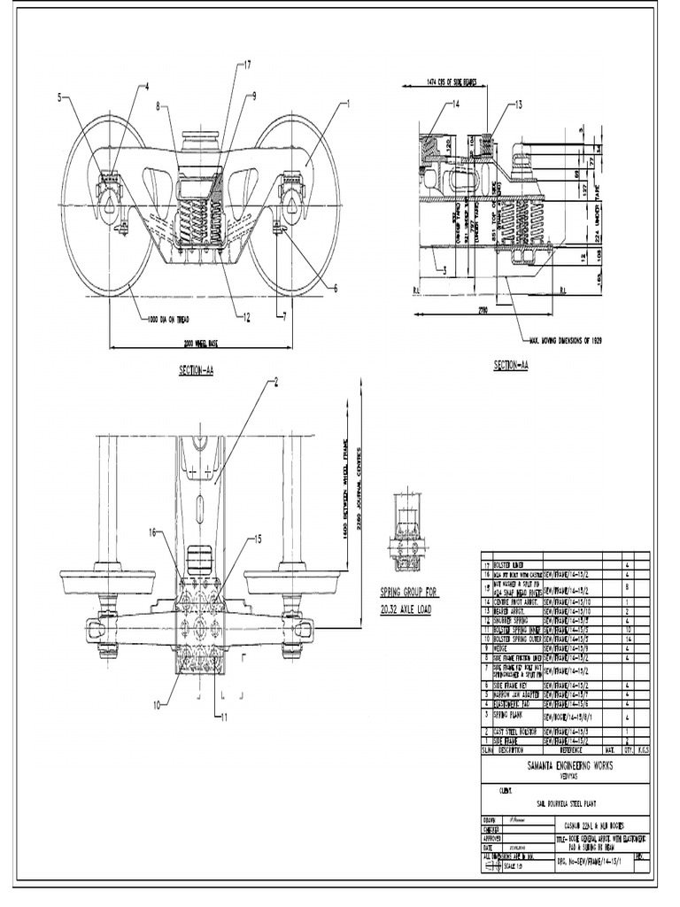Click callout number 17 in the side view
247,65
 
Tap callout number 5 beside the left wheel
60,97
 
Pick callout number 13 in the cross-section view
518,104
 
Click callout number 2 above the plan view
275,382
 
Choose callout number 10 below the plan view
156,705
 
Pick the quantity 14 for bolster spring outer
627,639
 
